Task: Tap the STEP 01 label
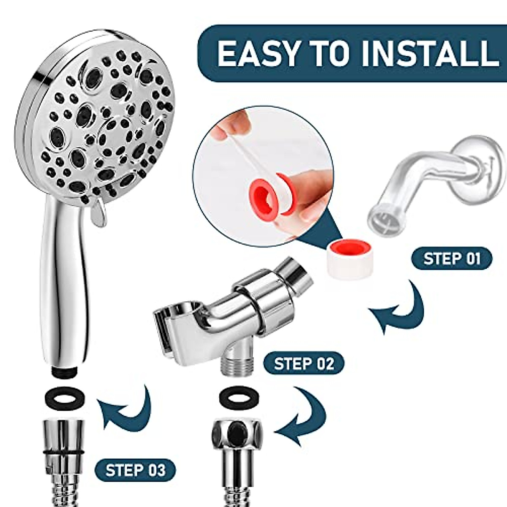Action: (x=452, y=259)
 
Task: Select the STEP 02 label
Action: (x=304, y=363)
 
